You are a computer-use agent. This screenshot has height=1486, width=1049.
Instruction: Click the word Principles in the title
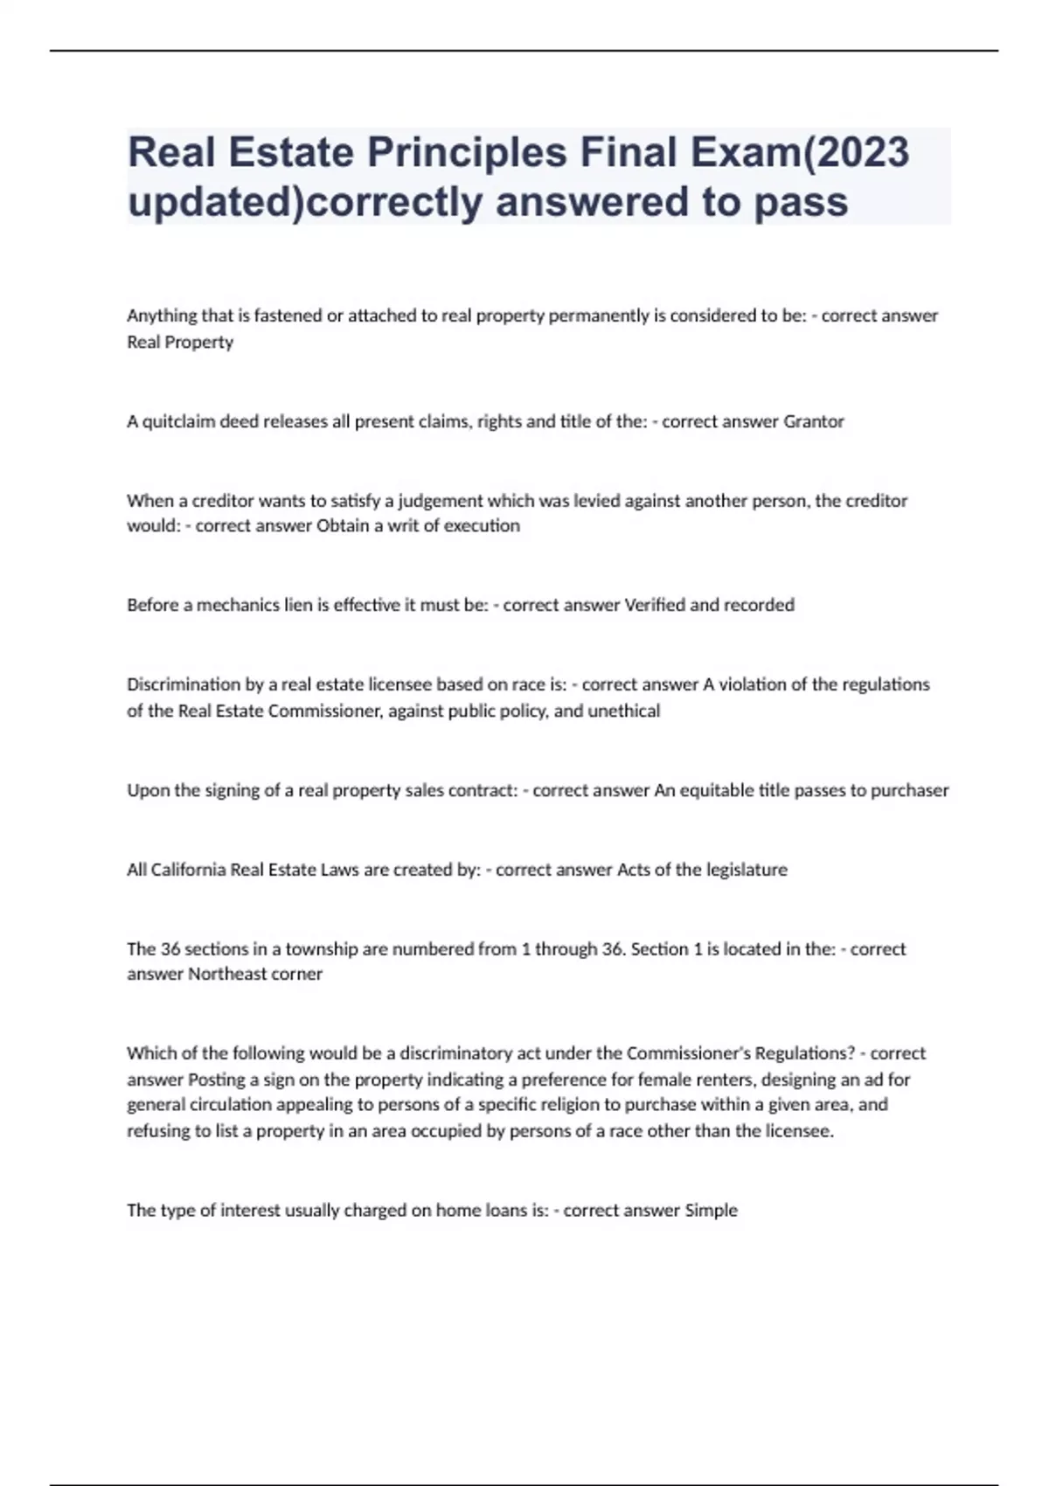tap(467, 153)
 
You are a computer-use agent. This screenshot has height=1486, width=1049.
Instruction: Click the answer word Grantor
tap(814, 421)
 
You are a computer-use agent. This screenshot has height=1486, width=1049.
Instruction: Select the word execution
tap(482, 526)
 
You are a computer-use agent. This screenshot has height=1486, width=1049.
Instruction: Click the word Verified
tap(656, 605)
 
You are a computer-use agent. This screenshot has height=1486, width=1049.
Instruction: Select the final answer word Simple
tap(712, 1211)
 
